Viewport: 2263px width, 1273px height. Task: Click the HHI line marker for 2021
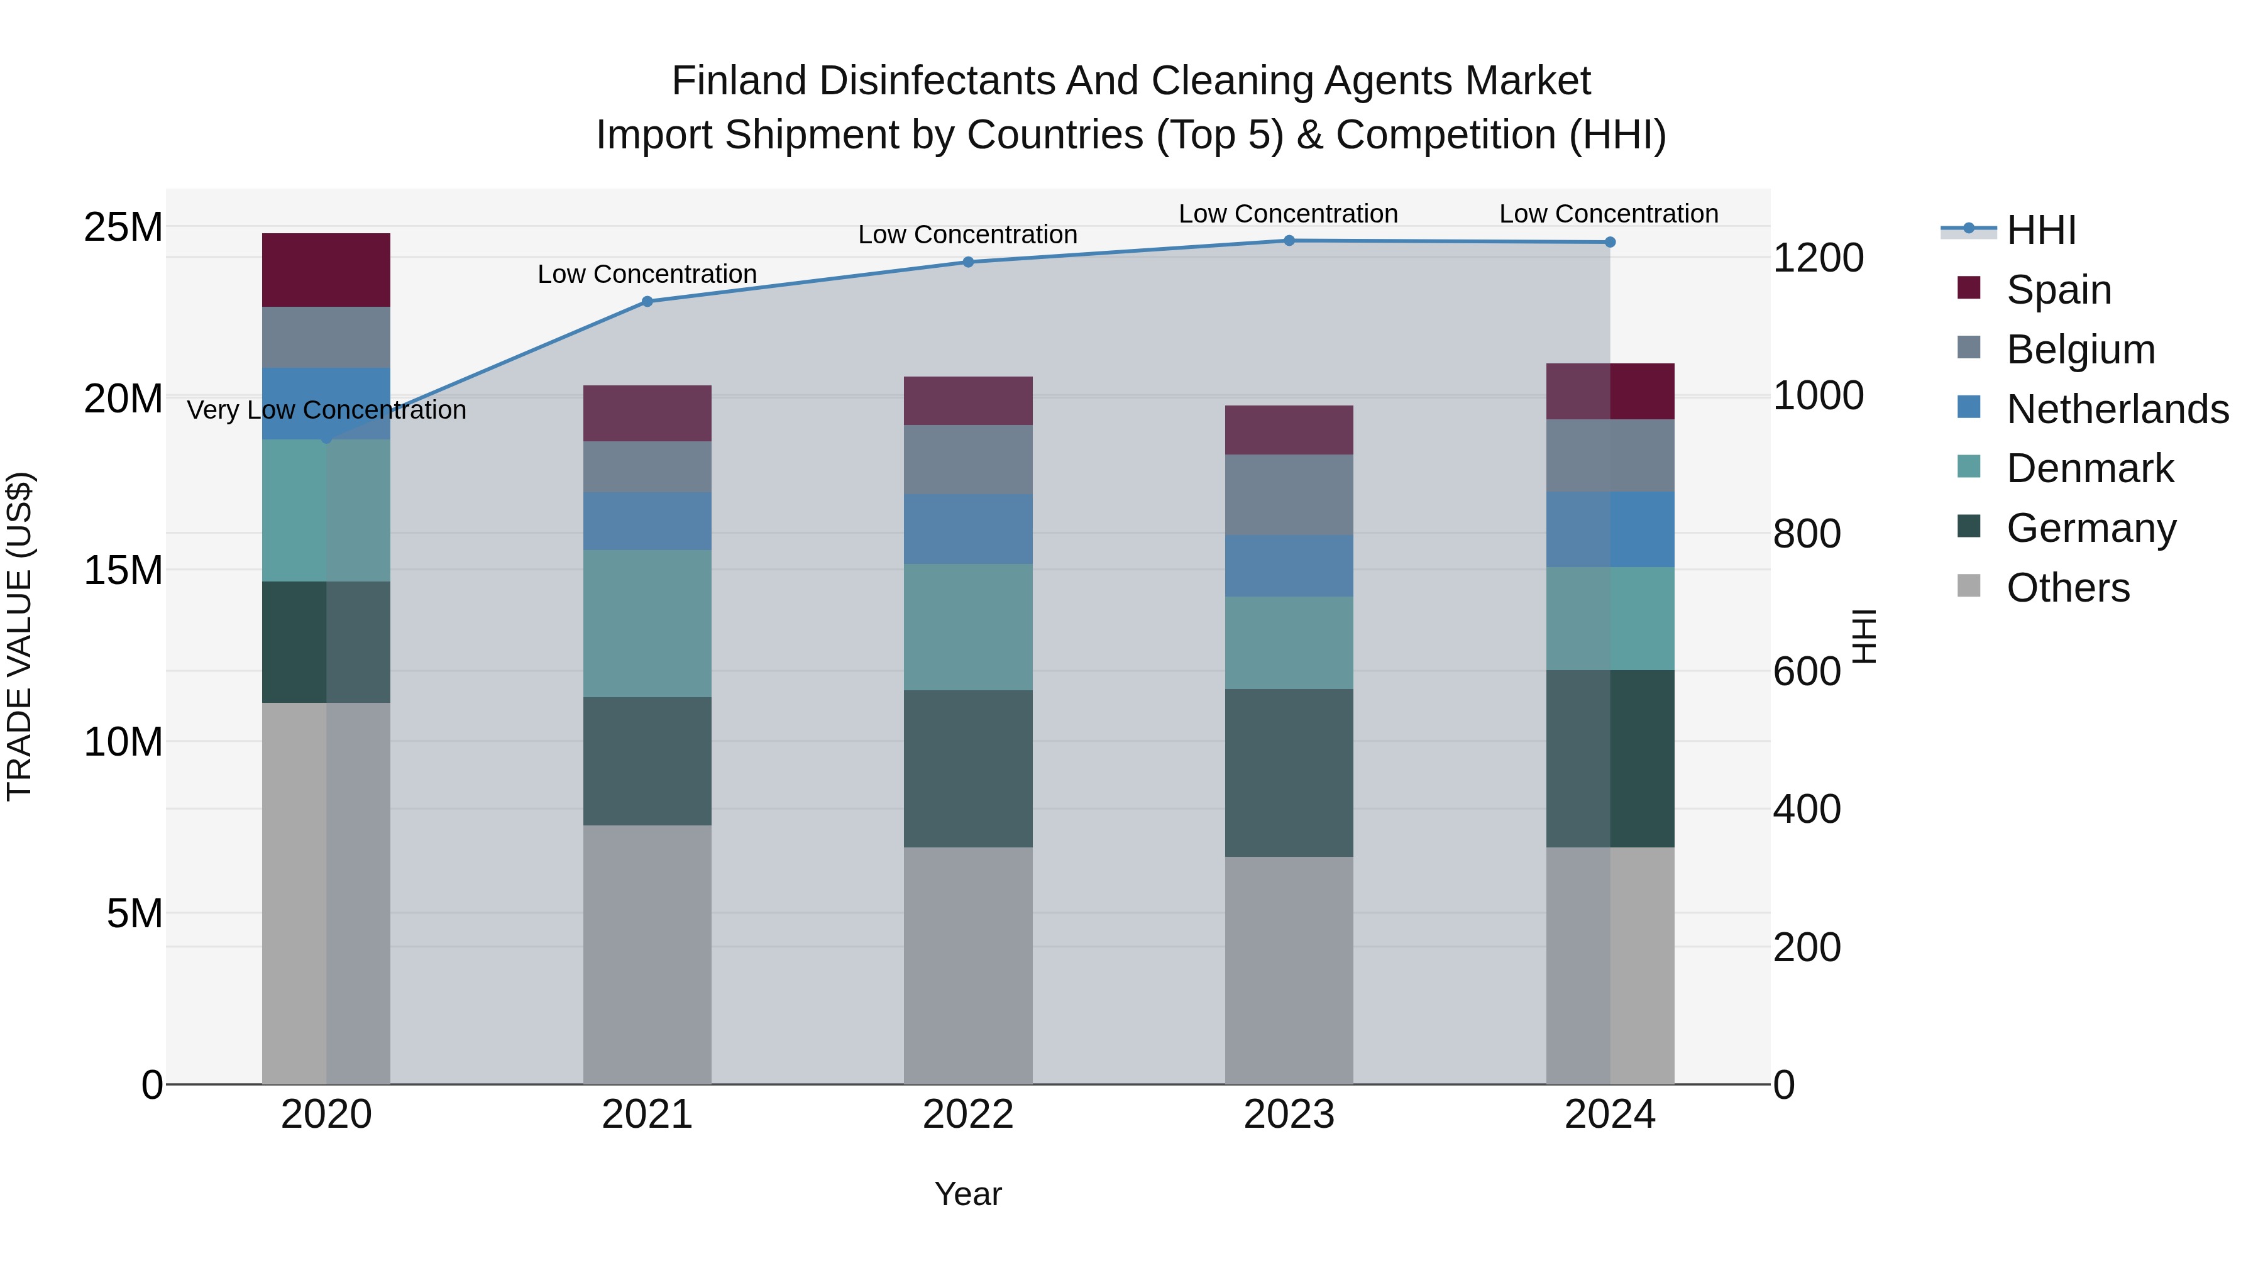(647, 301)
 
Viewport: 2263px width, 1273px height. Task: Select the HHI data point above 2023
(1289, 240)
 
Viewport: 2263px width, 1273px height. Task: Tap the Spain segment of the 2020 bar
(326, 270)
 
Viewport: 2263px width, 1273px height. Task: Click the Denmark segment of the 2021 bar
(647, 623)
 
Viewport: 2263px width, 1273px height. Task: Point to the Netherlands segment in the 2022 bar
(968, 528)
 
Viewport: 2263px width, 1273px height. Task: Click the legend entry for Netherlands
(2117, 409)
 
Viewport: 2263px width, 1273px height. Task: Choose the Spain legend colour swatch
(1969, 288)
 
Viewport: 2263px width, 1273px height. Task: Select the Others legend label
(2068, 588)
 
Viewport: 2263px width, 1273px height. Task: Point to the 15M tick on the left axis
(123, 570)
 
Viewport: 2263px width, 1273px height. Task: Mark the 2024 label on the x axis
(1609, 1115)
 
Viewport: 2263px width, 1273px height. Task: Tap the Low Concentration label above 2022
(967, 234)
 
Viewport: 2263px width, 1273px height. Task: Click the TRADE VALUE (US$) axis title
(19, 636)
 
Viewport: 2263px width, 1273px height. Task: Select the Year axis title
(967, 1194)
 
